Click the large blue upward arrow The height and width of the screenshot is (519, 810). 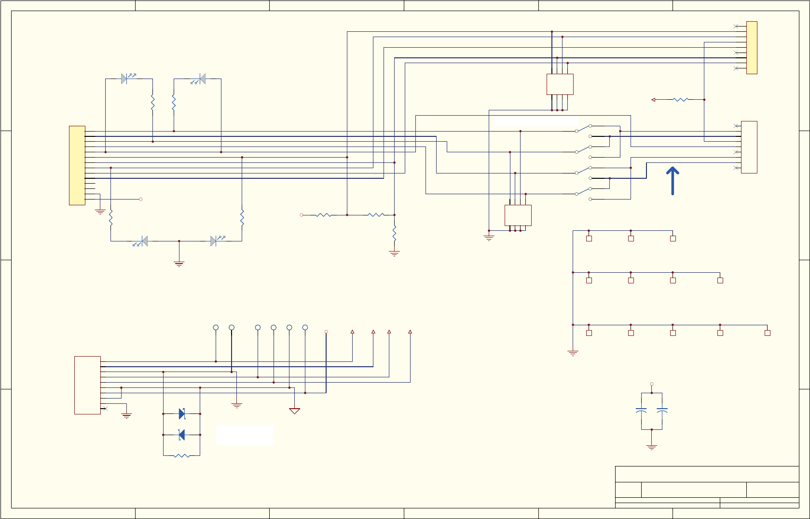click(673, 181)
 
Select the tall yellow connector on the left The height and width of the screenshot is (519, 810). click(77, 165)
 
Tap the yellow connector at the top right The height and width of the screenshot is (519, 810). click(752, 48)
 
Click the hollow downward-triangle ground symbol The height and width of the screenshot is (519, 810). click(294, 411)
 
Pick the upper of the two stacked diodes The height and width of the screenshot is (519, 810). click(182, 413)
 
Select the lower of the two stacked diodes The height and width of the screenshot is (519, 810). click(182, 435)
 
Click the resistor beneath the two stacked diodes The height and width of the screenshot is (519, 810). click(181, 455)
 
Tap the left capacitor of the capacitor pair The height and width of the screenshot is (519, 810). click(641, 411)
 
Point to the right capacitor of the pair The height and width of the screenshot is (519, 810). click(662, 411)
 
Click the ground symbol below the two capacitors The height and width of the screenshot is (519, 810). click(651, 448)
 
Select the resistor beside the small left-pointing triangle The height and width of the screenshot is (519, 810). click(680, 100)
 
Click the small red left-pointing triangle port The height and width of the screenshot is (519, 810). click(653, 100)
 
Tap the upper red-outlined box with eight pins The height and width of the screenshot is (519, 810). click(560, 84)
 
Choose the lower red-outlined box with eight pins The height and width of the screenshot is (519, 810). click(518, 215)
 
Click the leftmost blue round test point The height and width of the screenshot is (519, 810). click(216, 328)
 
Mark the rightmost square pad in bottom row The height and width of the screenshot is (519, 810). click(767, 333)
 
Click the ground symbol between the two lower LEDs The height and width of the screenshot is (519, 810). click(179, 264)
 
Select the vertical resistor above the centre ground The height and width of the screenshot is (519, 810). click(394, 233)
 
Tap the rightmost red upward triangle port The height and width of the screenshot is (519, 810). click(410, 332)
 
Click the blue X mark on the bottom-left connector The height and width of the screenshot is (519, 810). click(106, 409)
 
